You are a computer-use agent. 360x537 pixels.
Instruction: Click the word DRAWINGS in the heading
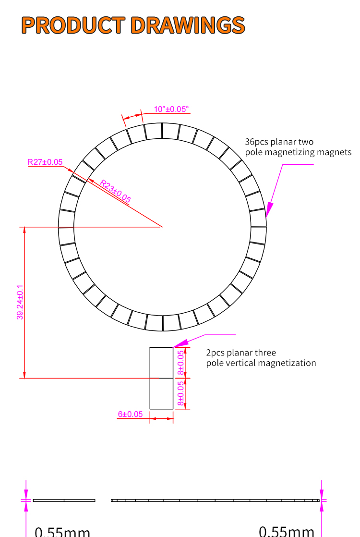click(188, 25)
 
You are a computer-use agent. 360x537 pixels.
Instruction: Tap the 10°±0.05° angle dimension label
click(171, 109)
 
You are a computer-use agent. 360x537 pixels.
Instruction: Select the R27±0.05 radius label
click(45, 162)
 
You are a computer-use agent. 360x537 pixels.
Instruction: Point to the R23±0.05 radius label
click(115, 191)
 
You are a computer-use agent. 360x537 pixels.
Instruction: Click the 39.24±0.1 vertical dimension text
click(20, 302)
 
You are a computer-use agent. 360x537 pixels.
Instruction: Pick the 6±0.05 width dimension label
click(130, 414)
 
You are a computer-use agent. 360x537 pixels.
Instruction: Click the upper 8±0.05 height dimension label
click(180, 363)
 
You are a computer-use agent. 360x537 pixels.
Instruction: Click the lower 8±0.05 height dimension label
click(180, 393)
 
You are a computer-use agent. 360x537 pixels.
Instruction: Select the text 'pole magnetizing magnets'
click(298, 152)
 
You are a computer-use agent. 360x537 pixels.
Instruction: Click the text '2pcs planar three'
click(241, 353)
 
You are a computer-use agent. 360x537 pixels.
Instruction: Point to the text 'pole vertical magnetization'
click(261, 363)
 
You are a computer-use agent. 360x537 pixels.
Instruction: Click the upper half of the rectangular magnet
click(161, 363)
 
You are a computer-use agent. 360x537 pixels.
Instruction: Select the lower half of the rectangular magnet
click(161, 393)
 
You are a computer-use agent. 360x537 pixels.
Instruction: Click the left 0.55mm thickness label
click(62, 531)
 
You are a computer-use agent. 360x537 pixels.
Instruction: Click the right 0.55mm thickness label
click(287, 531)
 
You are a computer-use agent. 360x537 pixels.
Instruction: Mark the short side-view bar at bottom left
click(64, 500)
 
